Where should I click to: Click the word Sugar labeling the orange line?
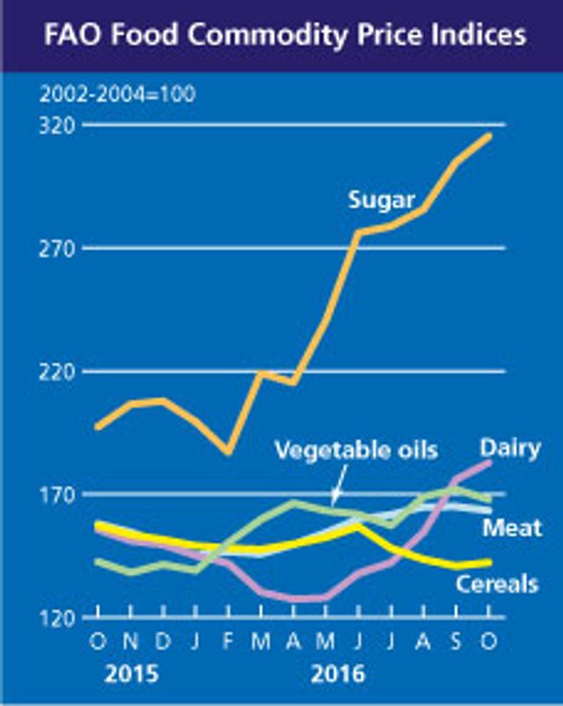[x=381, y=200]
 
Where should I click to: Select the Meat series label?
[x=512, y=528]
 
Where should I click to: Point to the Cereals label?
[x=497, y=583]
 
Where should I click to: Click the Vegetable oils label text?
[x=355, y=450]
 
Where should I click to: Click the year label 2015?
[x=132, y=675]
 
